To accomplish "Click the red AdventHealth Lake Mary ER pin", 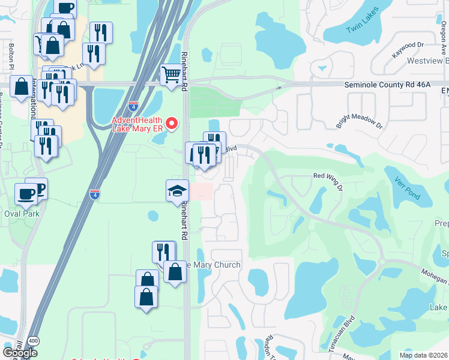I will click(172, 124).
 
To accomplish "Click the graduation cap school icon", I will click(177, 191).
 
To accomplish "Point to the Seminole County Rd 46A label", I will click(387, 85).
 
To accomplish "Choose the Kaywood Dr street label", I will click(408, 46).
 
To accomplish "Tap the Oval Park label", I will click(22, 213).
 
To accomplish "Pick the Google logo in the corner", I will click(20, 352).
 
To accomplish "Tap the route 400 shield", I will click(34, 340).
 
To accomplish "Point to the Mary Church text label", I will click(215, 265).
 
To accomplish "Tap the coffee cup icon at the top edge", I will click(64, 7).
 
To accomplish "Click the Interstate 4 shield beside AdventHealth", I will click(133, 106).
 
